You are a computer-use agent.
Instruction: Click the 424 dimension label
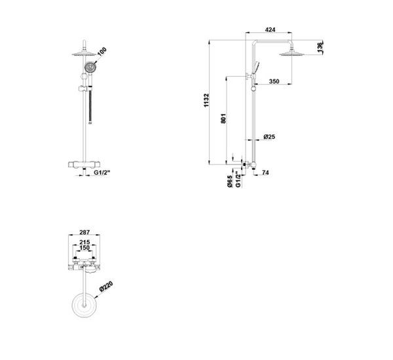click(270, 30)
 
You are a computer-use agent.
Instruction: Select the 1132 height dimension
click(206, 100)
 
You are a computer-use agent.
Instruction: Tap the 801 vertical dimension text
click(223, 119)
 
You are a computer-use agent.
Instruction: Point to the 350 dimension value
click(274, 81)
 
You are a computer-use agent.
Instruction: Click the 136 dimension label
click(320, 48)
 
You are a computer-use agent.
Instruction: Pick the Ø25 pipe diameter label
click(269, 137)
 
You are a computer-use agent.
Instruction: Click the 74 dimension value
click(265, 172)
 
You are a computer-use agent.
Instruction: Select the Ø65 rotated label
click(230, 181)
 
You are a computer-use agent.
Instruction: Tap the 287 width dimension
click(84, 232)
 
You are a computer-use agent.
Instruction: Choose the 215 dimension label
click(84, 243)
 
